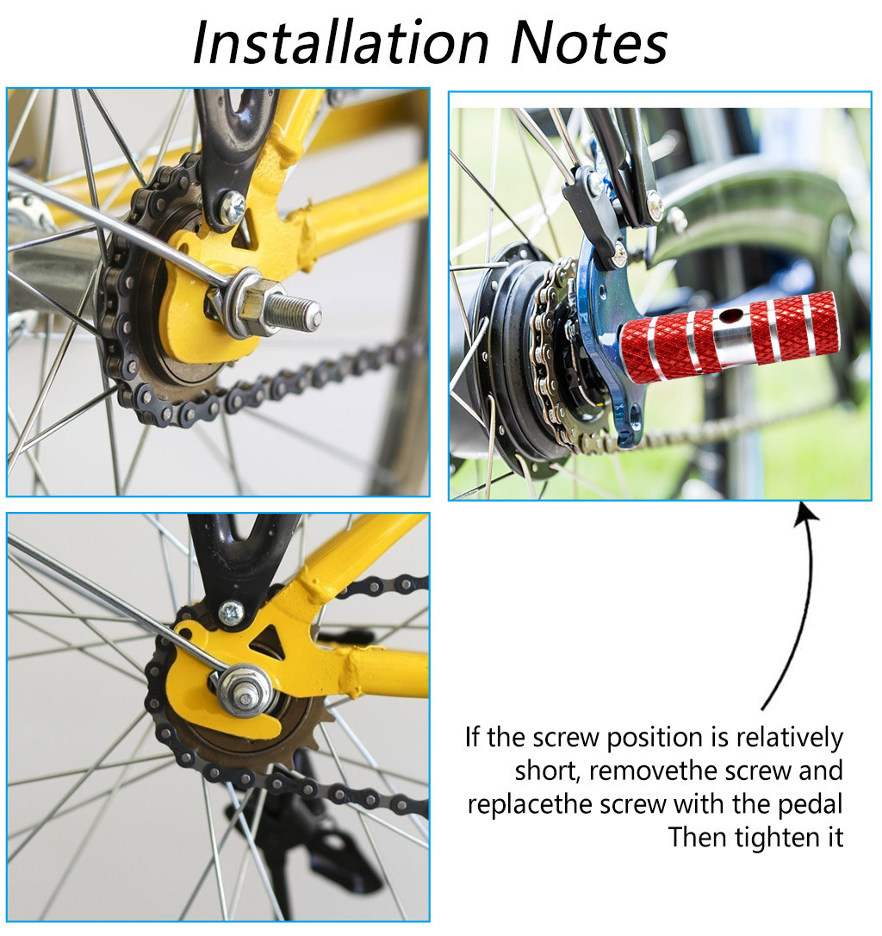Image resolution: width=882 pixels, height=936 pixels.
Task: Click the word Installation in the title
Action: [x=341, y=43]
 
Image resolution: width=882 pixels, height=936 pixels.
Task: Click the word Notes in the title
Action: [x=590, y=43]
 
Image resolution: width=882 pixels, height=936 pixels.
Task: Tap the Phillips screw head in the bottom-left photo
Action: [x=231, y=613]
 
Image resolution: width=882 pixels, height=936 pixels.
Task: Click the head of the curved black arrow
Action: [x=806, y=515]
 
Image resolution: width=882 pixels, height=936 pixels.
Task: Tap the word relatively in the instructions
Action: [x=789, y=738]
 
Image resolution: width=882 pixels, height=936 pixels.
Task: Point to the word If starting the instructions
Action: [x=472, y=737]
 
